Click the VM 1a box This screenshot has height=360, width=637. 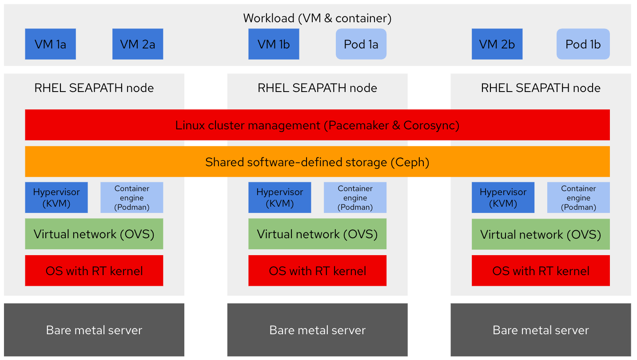tap(50, 44)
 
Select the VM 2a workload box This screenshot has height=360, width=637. tap(138, 44)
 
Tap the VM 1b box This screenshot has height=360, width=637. tap(274, 44)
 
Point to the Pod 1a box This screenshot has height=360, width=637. tap(361, 44)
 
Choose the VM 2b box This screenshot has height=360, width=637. tap(497, 44)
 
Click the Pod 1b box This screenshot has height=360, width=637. tap(583, 44)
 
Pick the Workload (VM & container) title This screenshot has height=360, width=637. tap(317, 18)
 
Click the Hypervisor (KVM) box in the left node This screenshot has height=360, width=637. tap(56, 197)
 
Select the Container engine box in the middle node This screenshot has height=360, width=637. tap(355, 197)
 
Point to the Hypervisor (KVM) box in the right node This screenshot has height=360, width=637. tap(503, 197)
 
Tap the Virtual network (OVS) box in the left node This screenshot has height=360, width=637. tap(94, 234)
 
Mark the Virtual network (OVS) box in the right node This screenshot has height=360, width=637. tap(541, 234)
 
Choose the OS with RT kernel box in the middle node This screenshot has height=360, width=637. tap(318, 271)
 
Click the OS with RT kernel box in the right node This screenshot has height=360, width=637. tap(541, 271)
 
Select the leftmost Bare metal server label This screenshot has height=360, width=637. tap(94, 330)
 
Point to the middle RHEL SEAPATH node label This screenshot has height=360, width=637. tap(318, 88)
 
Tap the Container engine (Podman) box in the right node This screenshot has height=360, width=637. tap(579, 197)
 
